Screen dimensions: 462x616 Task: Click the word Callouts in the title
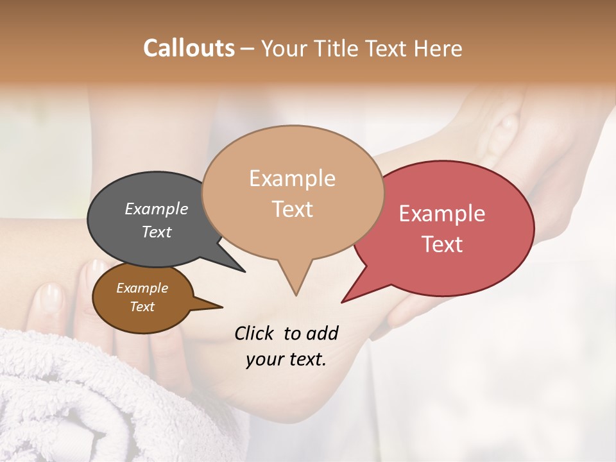(189, 48)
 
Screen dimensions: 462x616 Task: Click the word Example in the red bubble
(441, 214)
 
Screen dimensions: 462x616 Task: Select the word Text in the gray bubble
(157, 232)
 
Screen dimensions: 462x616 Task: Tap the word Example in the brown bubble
(142, 288)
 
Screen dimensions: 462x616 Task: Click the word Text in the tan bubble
(293, 209)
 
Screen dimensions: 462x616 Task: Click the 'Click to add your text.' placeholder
(286, 346)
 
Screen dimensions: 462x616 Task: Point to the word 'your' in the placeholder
(264, 359)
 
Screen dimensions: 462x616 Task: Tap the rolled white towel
(71, 398)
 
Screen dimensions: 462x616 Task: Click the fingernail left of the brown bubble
(50, 296)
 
